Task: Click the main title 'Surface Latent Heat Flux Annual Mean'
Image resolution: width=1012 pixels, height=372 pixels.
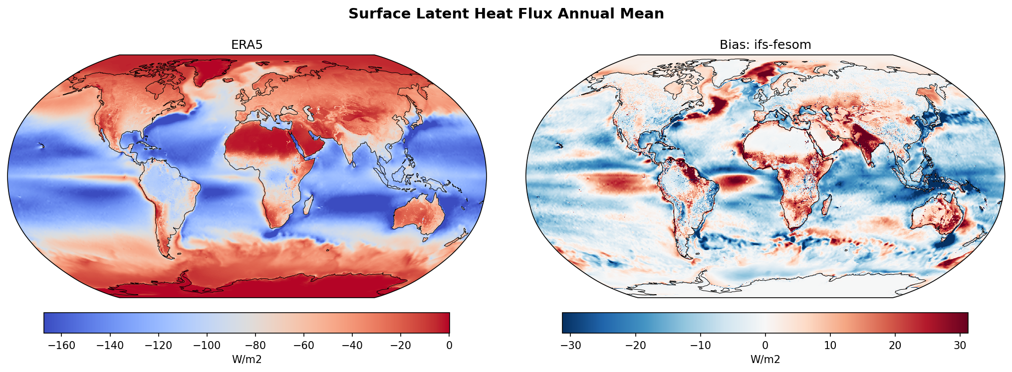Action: coord(506,14)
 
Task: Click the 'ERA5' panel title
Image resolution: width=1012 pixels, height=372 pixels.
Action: coord(247,45)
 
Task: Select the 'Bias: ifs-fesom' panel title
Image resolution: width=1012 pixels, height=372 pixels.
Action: coord(765,45)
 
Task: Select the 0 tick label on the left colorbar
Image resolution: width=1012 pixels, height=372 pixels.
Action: coord(449,346)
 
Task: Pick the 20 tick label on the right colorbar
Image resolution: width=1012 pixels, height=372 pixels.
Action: coord(895,346)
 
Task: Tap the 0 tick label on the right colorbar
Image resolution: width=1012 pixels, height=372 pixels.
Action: coord(765,346)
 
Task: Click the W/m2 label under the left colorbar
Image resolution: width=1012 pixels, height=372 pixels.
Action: coord(247,360)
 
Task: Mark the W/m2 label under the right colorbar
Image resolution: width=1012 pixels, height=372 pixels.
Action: coord(765,360)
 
